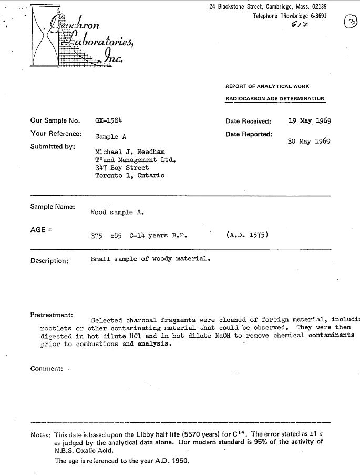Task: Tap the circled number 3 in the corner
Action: tap(349, 22)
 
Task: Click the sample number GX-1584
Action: tap(109, 120)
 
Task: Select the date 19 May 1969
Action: tap(310, 120)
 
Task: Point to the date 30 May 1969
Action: tap(310, 141)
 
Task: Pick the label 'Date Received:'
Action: tap(249, 121)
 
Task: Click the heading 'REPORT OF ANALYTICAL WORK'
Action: tap(267, 86)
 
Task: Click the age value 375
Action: tap(97, 236)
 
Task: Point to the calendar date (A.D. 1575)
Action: tap(247, 235)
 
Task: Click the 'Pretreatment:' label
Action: tap(51, 315)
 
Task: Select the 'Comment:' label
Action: tap(47, 368)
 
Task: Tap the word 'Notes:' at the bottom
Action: tap(40, 434)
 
